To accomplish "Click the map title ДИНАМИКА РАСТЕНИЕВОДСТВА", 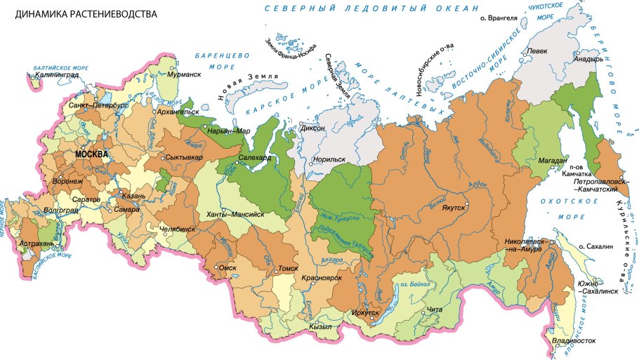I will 81,13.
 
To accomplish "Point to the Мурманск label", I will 185,74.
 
